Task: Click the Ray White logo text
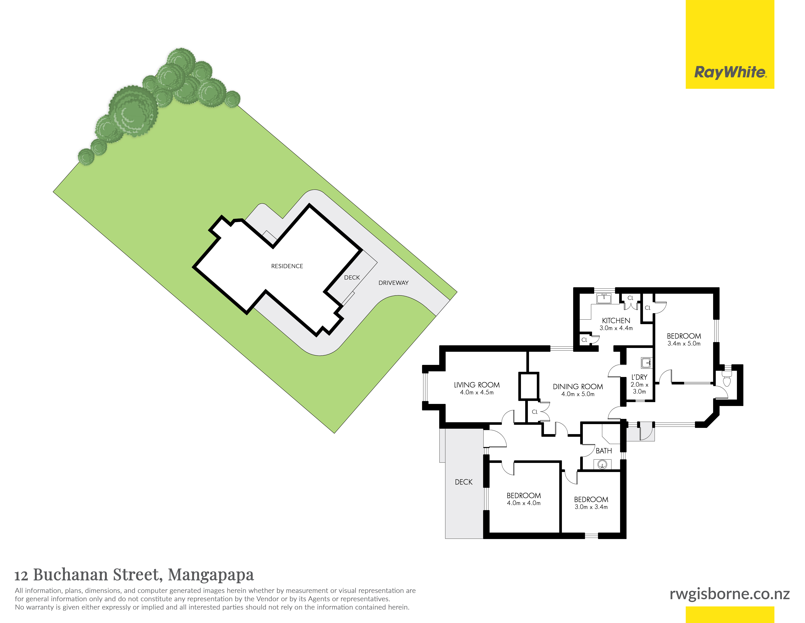[x=730, y=72]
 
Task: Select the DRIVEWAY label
[x=393, y=283]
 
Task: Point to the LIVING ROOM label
[x=477, y=385]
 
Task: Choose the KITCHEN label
[x=616, y=321]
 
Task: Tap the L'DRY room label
[x=639, y=377]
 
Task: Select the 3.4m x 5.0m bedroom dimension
[x=684, y=344]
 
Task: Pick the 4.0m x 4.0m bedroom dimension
[x=523, y=503]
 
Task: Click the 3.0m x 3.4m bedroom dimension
[x=591, y=507]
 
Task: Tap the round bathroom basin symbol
[x=602, y=464]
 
